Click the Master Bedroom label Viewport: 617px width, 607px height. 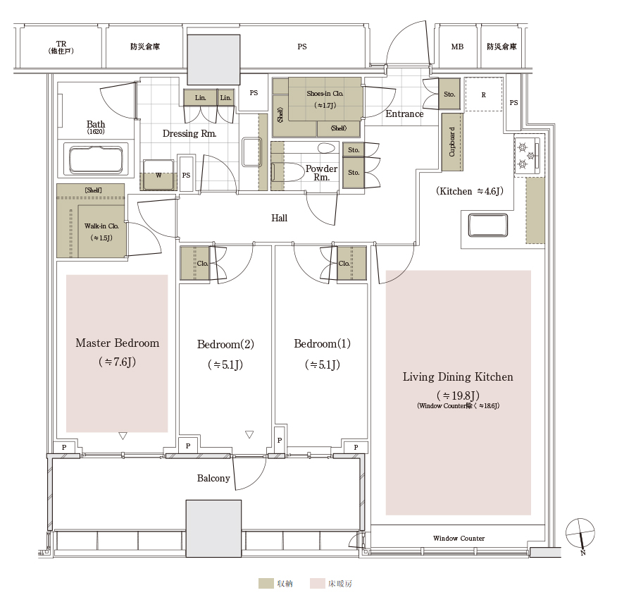pyautogui.click(x=117, y=343)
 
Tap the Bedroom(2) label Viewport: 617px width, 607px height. pyautogui.click(x=225, y=344)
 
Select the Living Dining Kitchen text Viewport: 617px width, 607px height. pyautogui.click(x=458, y=377)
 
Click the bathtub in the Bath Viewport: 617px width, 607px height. pyautogui.click(x=96, y=159)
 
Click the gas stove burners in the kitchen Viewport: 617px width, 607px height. pyautogui.click(x=527, y=156)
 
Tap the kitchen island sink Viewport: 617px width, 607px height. pyautogui.click(x=488, y=226)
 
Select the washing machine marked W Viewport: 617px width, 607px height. pyautogui.click(x=158, y=176)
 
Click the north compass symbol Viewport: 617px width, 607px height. pyautogui.click(x=580, y=534)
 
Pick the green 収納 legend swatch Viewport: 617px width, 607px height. pyautogui.click(x=266, y=583)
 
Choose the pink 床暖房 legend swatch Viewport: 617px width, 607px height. pyautogui.click(x=317, y=583)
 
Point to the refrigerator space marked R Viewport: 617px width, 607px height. pyautogui.click(x=484, y=94)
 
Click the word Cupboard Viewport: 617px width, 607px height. pyautogui.click(x=451, y=142)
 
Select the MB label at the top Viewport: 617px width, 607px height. pyautogui.click(x=457, y=47)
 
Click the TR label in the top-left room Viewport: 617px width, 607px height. pyautogui.click(x=61, y=44)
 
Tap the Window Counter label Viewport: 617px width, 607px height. pyautogui.click(x=459, y=538)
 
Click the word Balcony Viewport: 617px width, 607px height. pyautogui.click(x=213, y=478)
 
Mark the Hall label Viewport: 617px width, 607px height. pyautogui.click(x=280, y=218)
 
